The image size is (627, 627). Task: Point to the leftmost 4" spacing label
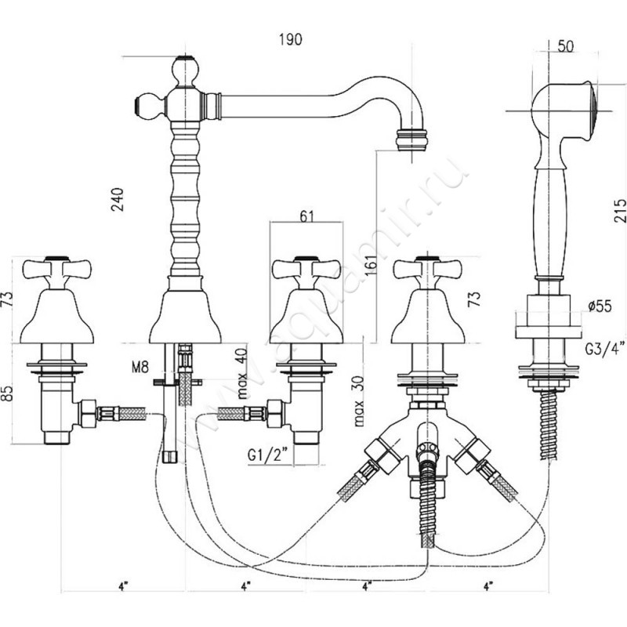tap(123, 585)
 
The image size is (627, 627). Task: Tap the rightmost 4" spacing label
tap(489, 585)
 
